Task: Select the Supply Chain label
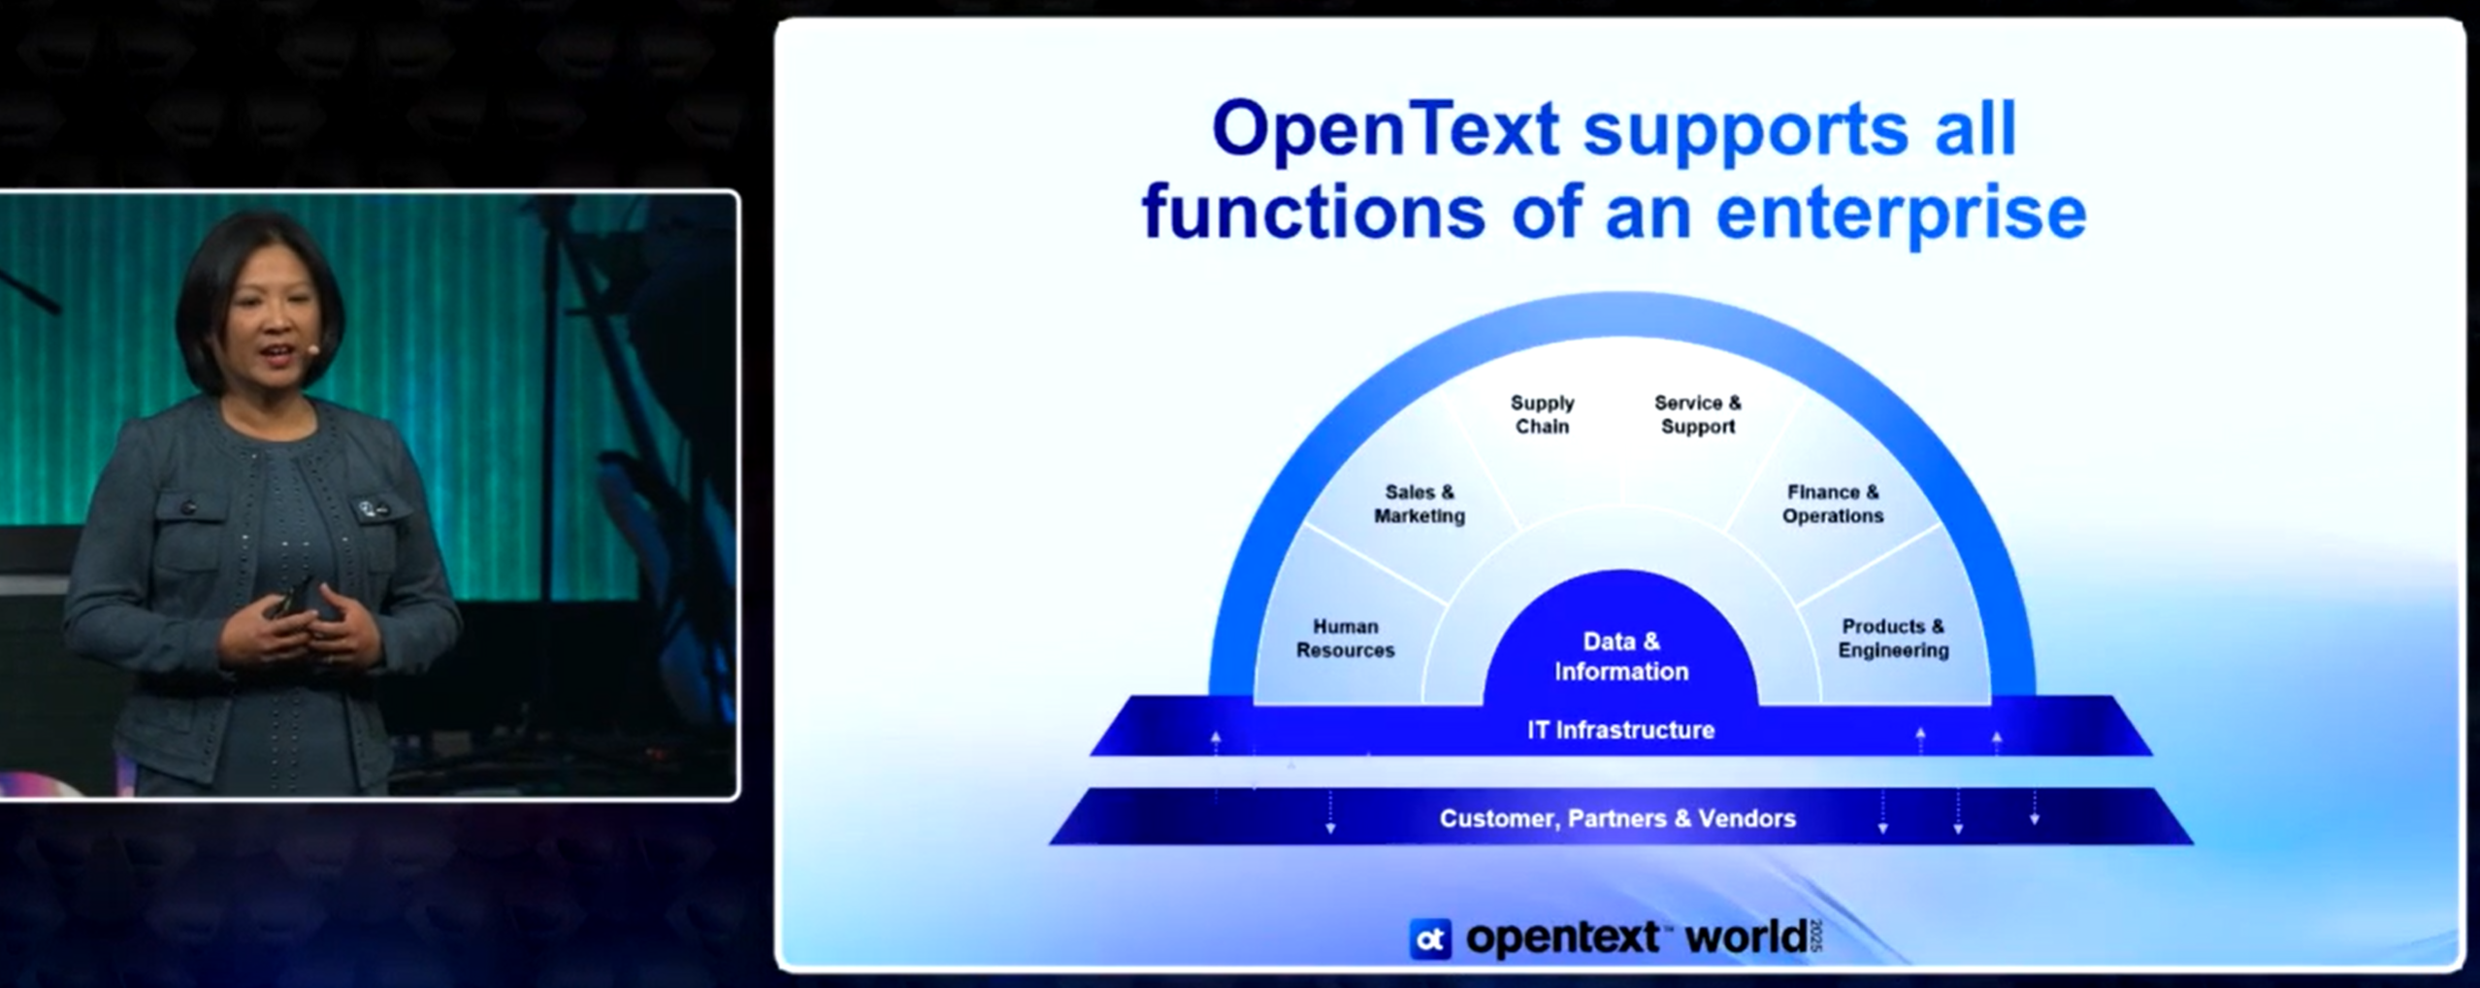click(1542, 414)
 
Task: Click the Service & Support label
click(1697, 414)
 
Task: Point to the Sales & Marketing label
click(1419, 504)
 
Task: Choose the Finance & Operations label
click(1832, 504)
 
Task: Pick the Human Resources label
click(1345, 639)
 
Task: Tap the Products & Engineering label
click(1892, 639)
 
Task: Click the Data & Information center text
click(1620, 656)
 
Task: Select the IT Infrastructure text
click(1620, 730)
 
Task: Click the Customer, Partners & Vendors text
click(1617, 819)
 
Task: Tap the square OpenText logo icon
click(1430, 939)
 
